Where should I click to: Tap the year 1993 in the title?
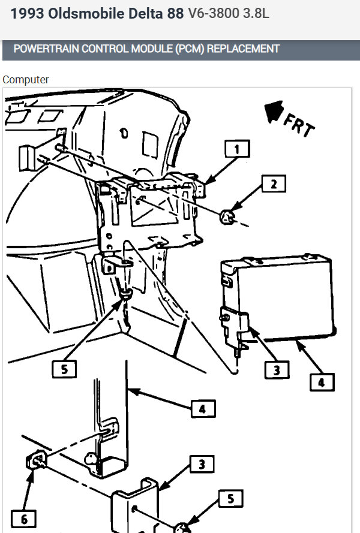pyautogui.click(x=25, y=13)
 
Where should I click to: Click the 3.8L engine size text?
pyautogui.click(x=256, y=13)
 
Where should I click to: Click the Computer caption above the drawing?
pyautogui.click(x=25, y=79)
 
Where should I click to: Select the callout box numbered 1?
pyautogui.click(x=238, y=149)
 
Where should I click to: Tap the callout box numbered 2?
pyautogui.click(x=274, y=184)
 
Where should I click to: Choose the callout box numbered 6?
pyautogui.click(x=23, y=519)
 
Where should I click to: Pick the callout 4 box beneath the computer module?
pyautogui.click(x=321, y=381)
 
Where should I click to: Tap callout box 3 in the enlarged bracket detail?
pyautogui.click(x=202, y=464)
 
